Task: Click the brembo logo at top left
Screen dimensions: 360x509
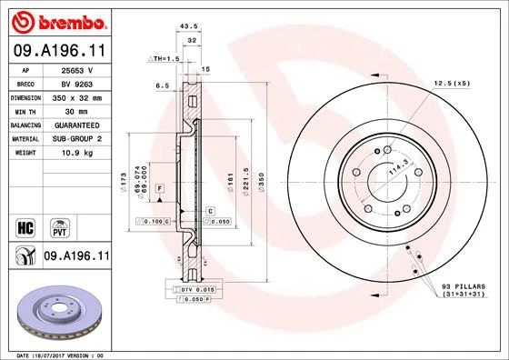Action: [56, 21]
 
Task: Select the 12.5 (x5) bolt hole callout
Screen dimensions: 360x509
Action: [452, 84]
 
